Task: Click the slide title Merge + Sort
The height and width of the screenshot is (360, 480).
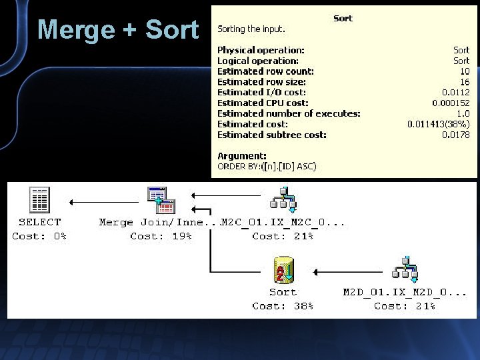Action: click(117, 30)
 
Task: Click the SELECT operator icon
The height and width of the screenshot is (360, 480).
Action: click(40, 200)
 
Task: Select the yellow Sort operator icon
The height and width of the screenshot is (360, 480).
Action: click(283, 270)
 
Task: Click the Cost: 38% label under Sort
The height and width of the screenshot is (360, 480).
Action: click(283, 306)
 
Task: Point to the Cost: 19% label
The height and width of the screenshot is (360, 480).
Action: click(161, 236)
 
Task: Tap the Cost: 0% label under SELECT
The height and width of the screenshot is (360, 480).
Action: click(39, 236)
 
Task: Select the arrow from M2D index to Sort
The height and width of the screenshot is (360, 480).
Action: click(350, 272)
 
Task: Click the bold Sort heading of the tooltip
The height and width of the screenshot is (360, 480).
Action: click(343, 19)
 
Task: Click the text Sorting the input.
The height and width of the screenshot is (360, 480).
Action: click(251, 29)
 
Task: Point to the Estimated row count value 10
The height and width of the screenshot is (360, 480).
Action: click(464, 71)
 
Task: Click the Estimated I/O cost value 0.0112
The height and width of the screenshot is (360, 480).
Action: click(455, 93)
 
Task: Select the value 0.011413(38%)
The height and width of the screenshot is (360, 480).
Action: click(438, 125)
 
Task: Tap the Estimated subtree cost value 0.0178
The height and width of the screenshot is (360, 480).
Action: click(455, 135)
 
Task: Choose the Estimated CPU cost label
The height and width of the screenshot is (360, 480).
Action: click(263, 103)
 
